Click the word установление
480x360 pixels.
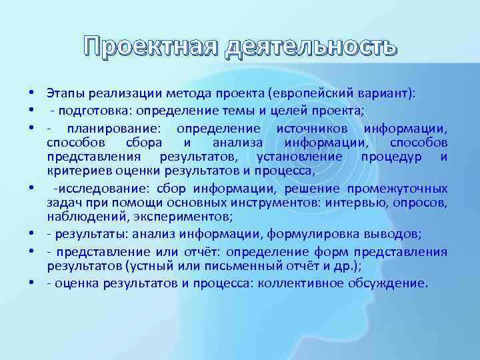click(299, 157)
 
